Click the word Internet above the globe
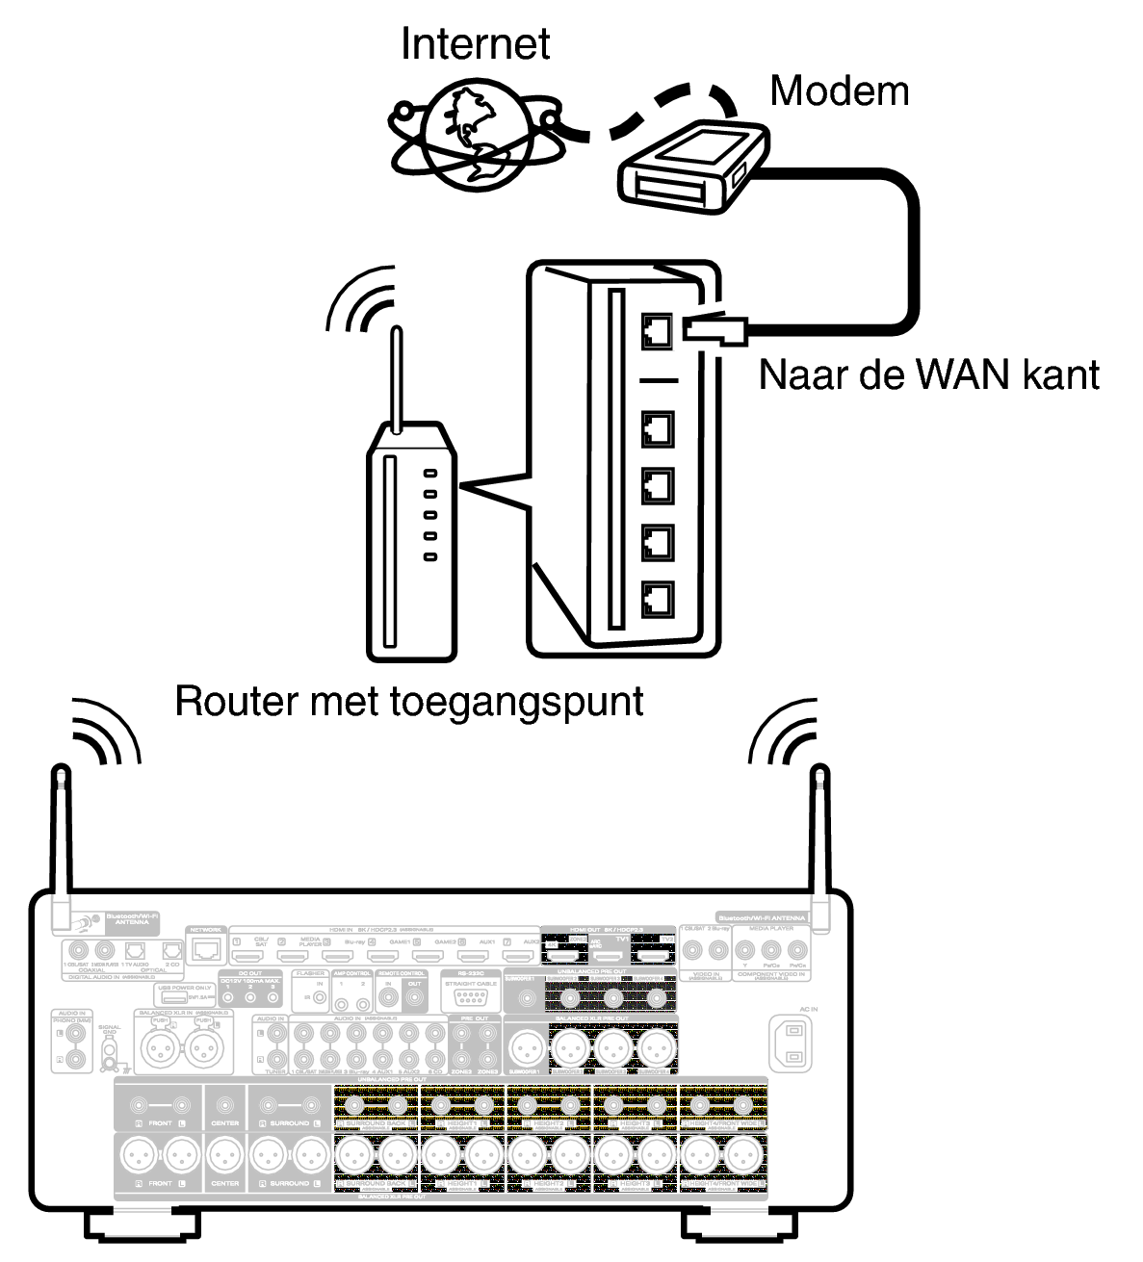tap(475, 44)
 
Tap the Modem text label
tap(839, 91)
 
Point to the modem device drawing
tap(691, 166)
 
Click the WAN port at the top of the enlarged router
tap(658, 331)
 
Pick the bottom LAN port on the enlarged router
tap(658, 600)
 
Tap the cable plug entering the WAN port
tap(714, 329)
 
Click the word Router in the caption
tap(235, 701)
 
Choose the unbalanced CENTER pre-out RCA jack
tap(225, 1104)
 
